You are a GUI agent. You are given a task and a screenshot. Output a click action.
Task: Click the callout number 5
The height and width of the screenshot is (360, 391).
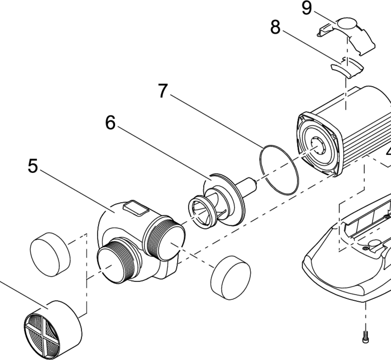[33, 166]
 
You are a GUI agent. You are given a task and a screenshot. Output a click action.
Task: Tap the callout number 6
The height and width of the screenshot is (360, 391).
[110, 123]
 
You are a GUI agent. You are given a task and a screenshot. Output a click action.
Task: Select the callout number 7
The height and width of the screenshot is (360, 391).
[163, 91]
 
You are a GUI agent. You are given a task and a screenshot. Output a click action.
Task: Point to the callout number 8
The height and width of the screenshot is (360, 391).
[275, 27]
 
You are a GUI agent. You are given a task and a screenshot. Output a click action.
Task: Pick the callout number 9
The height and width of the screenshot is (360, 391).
[307, 8]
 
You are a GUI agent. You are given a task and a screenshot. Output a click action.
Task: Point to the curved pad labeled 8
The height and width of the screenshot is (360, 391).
[347, 68]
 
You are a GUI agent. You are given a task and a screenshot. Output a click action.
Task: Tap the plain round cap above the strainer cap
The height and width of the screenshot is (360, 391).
[51, 254]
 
